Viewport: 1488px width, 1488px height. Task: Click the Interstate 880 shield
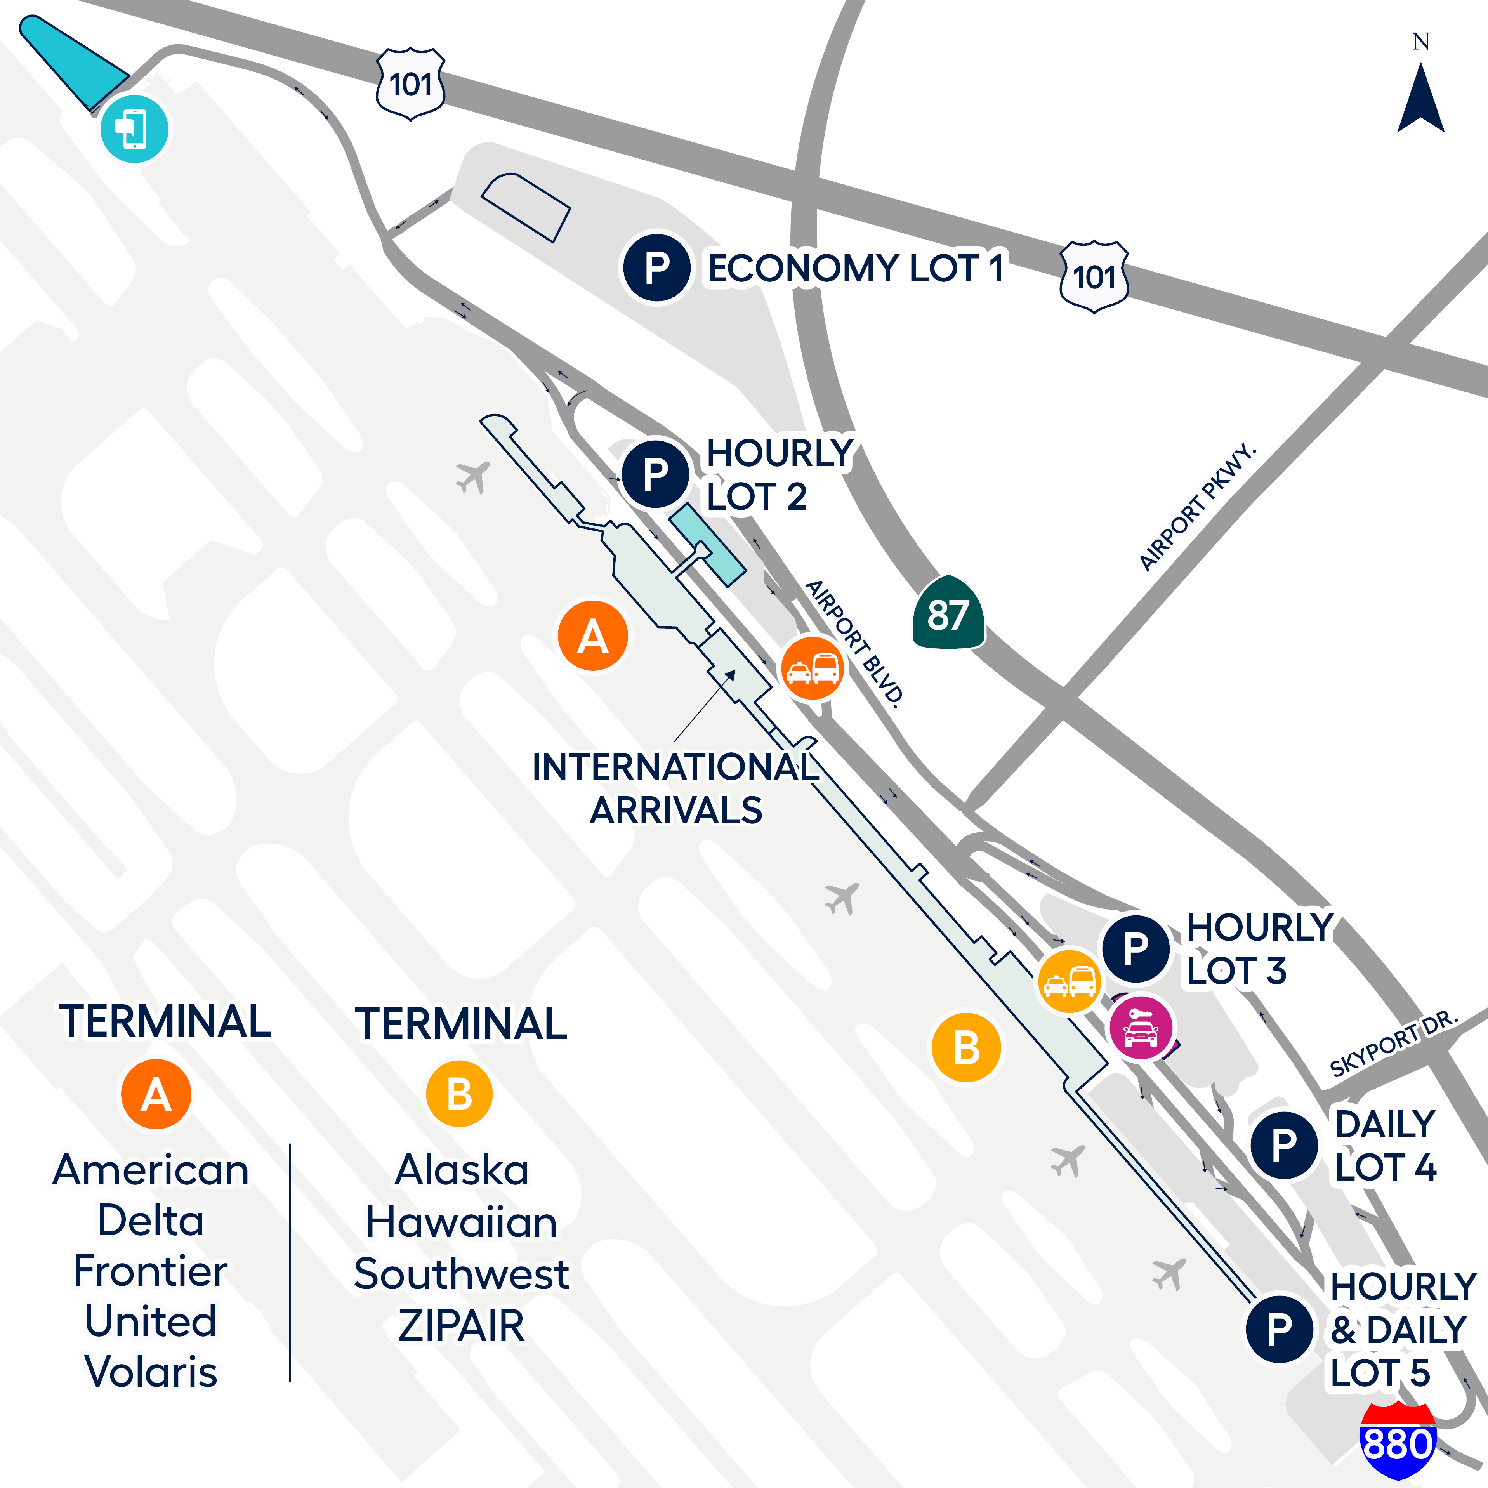(1398, 1440)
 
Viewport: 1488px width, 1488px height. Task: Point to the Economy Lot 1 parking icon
(656, 268)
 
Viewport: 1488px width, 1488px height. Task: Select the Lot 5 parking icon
(1279, 1328)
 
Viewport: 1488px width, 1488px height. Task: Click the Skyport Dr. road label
(1394, 1044)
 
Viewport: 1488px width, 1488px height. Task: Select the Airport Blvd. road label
(853, 643)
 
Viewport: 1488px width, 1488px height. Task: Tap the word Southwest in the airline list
(461, 1274)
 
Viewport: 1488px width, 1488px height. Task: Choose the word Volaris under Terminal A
(151, 1372)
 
